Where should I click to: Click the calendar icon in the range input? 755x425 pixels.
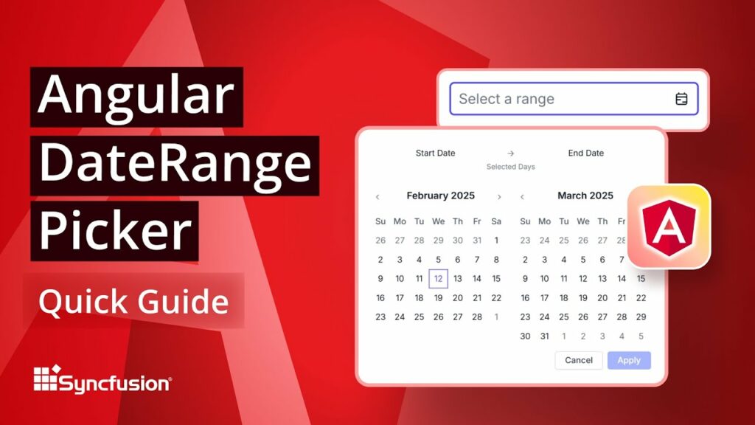[x=681, y=99]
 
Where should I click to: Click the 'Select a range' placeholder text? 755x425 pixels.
[x=507, y=99]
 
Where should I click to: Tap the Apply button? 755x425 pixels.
[x=629, y=360]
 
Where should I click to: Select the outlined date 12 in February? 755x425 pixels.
[x=438, y=279]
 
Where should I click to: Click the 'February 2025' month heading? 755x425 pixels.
[x=440, y=196]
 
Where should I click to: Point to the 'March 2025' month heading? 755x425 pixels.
[x=585, y=196]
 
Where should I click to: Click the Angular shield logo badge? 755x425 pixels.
[x=669, y=225]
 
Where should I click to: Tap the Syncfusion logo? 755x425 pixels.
[x=102, y=381]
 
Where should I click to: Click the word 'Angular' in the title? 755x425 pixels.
[x=136, y=97]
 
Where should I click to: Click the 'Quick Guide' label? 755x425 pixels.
[x=133, y=302]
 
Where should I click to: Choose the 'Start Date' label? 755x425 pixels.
[x=435, y=153]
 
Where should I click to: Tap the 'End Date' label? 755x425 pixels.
[x=585, y=153]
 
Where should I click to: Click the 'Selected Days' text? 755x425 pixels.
[x=510, y=167]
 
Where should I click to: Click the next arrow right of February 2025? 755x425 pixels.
[x=499, y=197]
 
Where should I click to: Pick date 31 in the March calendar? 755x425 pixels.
[x=544, y=336]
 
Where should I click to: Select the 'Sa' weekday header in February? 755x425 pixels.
[x=496, y=221]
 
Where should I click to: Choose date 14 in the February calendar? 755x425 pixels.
[x=477, y=279]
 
